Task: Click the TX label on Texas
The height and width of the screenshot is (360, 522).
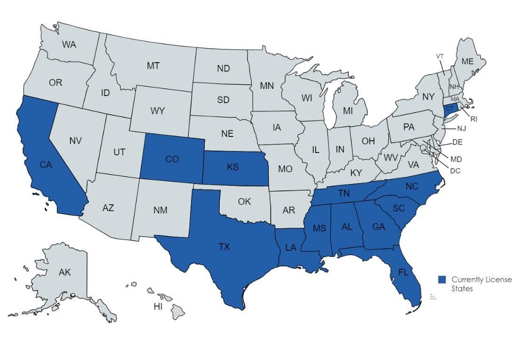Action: pos(224,247)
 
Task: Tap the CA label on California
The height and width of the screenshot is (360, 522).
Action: pos(46,165)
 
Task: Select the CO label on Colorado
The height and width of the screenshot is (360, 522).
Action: pos(172,159)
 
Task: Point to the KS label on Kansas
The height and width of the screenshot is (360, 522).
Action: pos(232,167)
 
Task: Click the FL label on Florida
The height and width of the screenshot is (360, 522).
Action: pos(402,272)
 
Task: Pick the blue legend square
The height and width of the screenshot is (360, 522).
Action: pos(442,280)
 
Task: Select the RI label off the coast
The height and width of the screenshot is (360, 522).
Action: pos(474,119)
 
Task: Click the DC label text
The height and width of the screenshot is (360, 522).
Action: pos(455,171)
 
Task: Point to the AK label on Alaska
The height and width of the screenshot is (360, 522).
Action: pos(64,272)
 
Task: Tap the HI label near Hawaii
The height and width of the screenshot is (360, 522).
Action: pos(158,306)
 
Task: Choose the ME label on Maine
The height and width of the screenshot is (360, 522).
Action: pos(467,61)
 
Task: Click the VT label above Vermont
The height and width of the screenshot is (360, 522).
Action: pos(440,56)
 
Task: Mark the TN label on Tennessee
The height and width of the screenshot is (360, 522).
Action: pos(344,193)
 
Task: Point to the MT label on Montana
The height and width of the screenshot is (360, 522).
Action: pos(153,66)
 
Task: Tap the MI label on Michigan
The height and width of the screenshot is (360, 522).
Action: pos(348,111)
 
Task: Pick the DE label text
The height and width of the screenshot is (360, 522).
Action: pos(458,142)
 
